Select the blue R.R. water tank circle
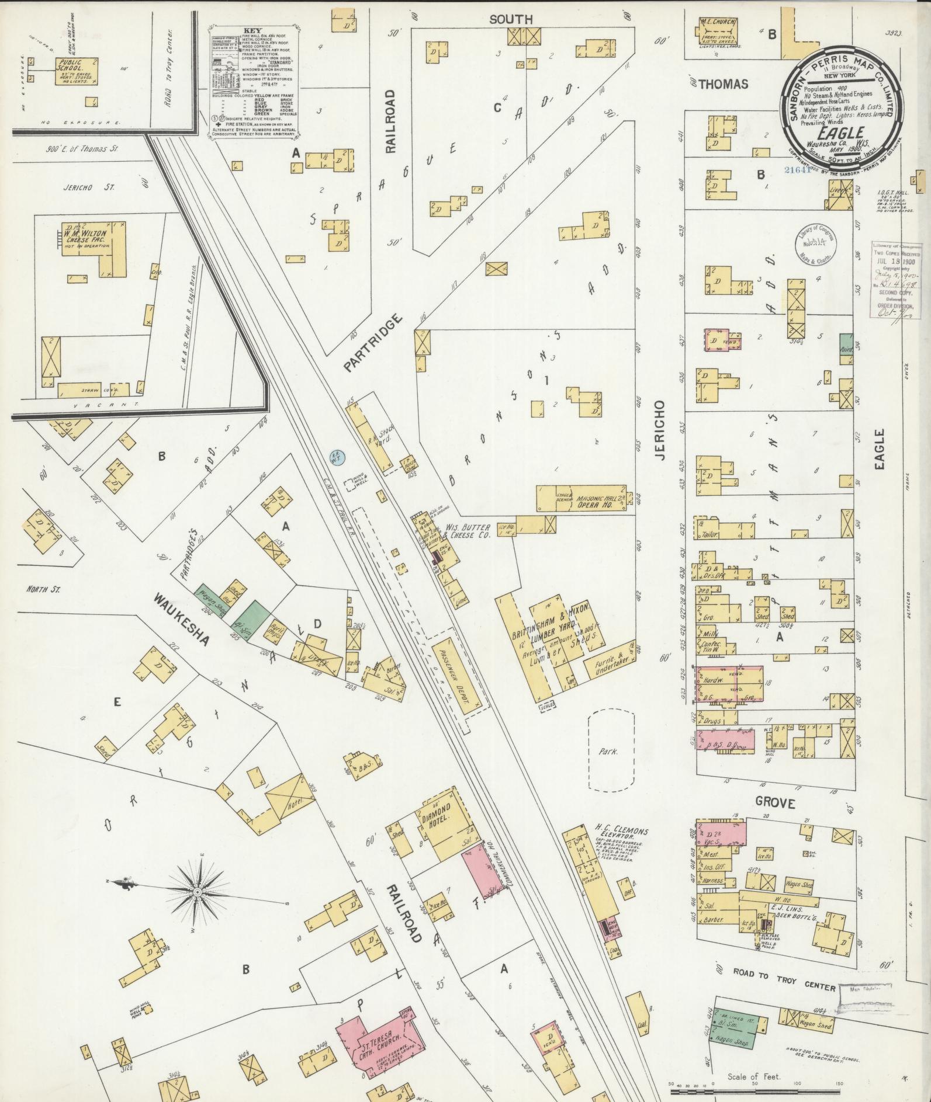[x=335, y=456]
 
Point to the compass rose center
[x=197, y=892]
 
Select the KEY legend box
[x=255, y=84]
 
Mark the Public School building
[x=77, y=71]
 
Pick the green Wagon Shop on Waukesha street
[x=212, y=596]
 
